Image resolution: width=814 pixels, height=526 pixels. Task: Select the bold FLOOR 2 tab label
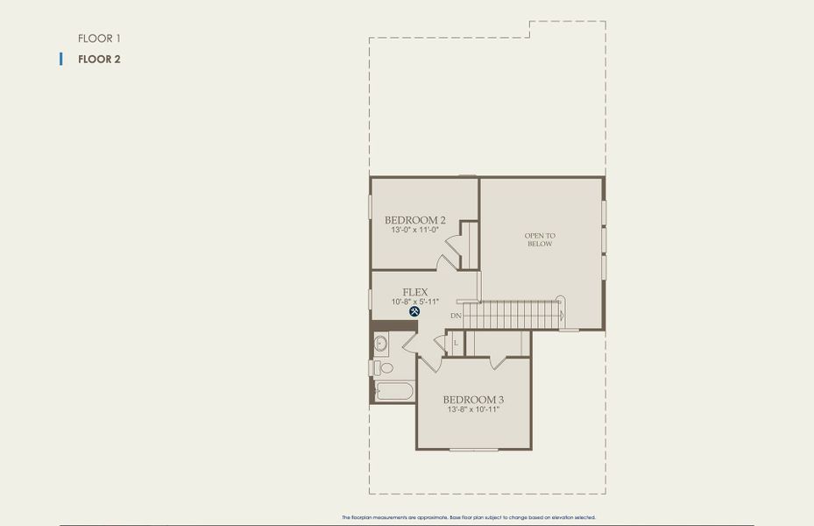point(98,60)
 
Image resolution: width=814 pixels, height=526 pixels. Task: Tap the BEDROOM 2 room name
point(414,220)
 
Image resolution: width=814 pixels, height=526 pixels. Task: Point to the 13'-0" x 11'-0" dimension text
point(414,231)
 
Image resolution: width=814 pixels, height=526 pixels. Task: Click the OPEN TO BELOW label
point(540,239)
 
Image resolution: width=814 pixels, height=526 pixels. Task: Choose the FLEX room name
point(414,292)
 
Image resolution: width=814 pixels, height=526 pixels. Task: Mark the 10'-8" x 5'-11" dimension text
point(414,302)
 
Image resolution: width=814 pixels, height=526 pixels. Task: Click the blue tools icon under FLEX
point(414,311)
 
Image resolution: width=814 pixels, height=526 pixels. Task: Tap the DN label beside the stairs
point(456,316)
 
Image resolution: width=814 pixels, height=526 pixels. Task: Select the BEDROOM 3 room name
point(473,400)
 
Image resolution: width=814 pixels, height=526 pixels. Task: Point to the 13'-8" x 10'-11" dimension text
point(473,409)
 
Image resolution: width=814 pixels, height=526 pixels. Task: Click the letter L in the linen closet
point(456,342)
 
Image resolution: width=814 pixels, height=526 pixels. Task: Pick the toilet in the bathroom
point(383,367)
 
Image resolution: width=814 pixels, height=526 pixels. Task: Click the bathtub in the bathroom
point(394,390)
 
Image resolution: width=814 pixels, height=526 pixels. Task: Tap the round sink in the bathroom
point(380,343)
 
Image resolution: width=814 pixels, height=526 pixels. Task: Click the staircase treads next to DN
point(513,314)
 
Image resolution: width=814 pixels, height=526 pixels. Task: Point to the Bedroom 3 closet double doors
point(498,360)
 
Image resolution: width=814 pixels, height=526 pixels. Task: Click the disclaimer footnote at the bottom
point(468,518)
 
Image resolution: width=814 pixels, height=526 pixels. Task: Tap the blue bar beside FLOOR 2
point(60,60)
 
